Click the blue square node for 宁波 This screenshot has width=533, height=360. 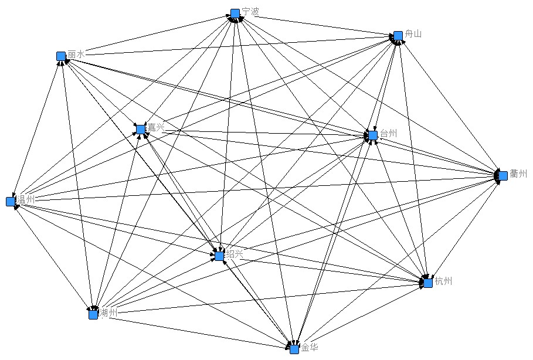[x=235, y=13]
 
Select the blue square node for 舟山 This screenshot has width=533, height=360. [x=398, y=36]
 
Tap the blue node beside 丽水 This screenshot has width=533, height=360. [x=61, y=56]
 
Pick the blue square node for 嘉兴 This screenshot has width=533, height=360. [x=141, y=129]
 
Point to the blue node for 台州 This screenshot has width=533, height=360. [x=373, y=135]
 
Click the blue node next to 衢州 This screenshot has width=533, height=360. [x=503, y=175]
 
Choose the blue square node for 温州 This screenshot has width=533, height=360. [x=11, y=202]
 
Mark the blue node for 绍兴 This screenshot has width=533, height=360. [x=219, y=256]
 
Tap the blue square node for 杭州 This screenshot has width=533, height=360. [x=428, y=283]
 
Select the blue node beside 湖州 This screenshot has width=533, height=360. [x=93, y=314]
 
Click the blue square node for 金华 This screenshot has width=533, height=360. [x=294, y=349]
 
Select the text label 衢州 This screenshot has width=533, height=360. [x=519, y=174]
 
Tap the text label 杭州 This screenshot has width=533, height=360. [x=443, y=281]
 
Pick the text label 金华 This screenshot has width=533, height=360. [x=310, y=347]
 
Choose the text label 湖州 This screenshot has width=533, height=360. [x=108, y=313]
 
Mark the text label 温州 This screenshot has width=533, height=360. [x=26, y=199]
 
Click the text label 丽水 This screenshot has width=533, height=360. [x=76, y=54]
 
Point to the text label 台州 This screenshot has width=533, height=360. [x=388, y=134]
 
